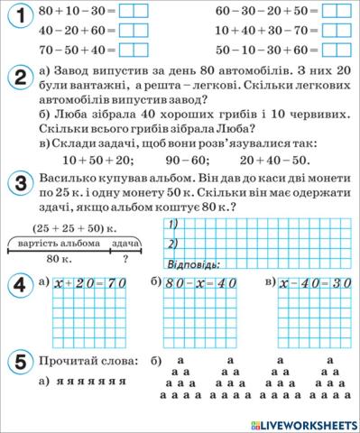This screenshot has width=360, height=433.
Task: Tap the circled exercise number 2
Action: click(x=19, y=78)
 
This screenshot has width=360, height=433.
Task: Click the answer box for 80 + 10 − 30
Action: click(x=134, y=11)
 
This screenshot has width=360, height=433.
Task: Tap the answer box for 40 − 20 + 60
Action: click(x=134, y=32)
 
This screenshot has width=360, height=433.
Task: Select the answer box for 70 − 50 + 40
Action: click(x=134, y=52)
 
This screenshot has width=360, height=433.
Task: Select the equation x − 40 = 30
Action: click(x=317, y=283)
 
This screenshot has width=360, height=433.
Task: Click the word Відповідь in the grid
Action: click(x=196, y=263)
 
